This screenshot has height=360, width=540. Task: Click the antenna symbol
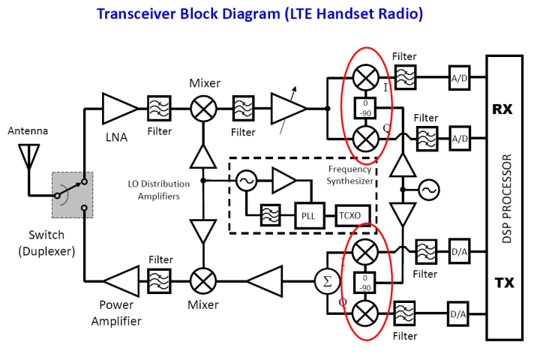28,154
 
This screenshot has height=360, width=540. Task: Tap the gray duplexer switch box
72,194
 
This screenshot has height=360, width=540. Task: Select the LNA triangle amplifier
118,109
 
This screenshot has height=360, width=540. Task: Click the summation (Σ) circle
326,282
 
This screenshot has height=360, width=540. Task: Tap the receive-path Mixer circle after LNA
202,109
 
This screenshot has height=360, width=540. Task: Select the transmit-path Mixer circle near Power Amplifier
202,281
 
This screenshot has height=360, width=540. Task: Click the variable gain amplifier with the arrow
288,109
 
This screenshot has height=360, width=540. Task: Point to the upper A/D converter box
460,77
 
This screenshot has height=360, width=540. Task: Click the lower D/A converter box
460,313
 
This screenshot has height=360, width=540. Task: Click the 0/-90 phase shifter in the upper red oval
366,108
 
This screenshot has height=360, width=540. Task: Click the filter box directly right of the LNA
159,109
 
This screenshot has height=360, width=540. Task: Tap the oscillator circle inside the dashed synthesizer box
245,181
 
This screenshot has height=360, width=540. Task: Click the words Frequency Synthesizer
349,175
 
